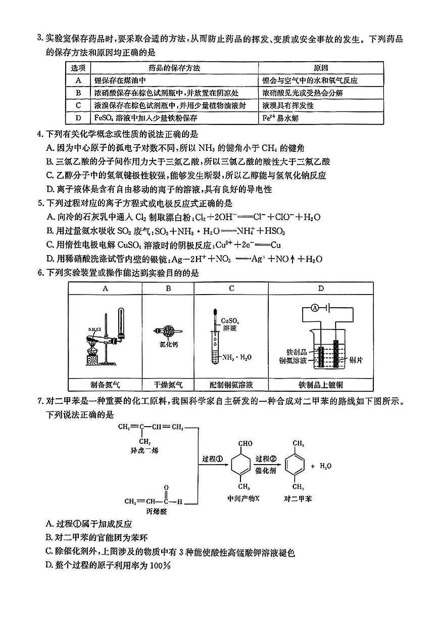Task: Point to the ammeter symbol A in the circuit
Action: [x=314, y=309]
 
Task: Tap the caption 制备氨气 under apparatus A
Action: [x=105, y=384]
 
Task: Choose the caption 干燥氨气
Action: [x=168, y=384]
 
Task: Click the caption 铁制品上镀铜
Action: [x=321, y=384]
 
